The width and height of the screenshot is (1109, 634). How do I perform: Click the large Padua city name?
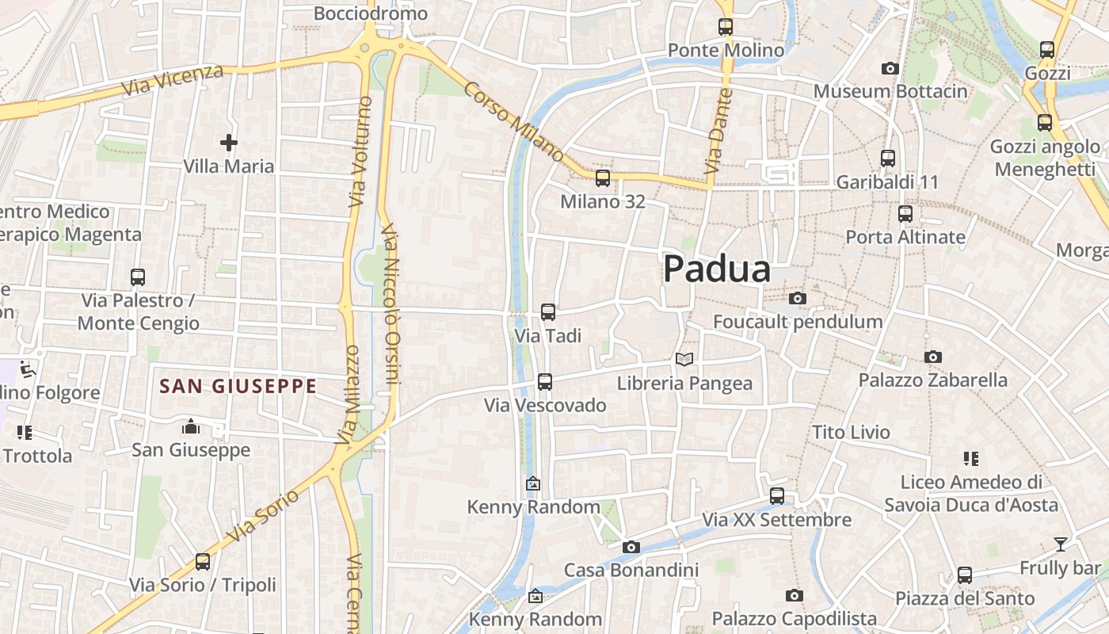pos(717,269)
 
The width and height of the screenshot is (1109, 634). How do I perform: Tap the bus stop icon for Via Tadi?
pos(548,312)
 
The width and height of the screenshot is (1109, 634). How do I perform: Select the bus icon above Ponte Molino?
pos(726,27)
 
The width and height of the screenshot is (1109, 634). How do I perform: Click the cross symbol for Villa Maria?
pos(229,143)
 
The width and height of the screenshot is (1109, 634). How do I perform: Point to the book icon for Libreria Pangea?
pos(684,359)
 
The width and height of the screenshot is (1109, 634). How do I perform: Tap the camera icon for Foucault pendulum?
pos(798,299)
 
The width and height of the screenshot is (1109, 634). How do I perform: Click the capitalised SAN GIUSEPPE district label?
pos(238,387)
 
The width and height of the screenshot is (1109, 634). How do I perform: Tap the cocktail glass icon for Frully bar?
pos(1060,544)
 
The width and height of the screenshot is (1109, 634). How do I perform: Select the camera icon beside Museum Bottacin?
pos(890,69)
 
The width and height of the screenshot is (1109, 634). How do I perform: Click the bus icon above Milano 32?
pos(603,178)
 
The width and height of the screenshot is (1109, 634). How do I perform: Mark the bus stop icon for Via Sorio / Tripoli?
pos(203,562)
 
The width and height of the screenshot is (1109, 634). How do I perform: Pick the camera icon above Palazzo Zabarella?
pos(933,357)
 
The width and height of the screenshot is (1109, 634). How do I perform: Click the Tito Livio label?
pos(852,433)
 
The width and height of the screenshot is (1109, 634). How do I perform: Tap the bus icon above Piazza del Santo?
pos(965,575)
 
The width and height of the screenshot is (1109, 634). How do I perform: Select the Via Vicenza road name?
pos(173,81)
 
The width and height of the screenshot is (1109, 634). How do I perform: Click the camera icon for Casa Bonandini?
pos(631,547)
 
